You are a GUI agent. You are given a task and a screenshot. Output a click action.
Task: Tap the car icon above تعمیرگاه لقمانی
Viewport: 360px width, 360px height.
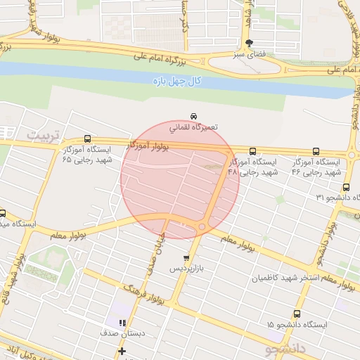[193, 116]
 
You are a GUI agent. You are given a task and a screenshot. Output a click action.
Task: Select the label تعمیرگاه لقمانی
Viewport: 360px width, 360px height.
[193, 128]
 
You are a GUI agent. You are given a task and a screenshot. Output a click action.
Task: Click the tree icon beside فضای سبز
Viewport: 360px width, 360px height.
[250, 43]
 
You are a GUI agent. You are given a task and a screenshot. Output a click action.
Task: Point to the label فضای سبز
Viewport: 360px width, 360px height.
[250, 54]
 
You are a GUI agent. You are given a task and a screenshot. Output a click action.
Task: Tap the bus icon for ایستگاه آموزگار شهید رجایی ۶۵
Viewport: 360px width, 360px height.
[87, 139]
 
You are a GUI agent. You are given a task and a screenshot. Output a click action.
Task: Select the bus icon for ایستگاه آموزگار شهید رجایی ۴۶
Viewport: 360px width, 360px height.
[315, 150]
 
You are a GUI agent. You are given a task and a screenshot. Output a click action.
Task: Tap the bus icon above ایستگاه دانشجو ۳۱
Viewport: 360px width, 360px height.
[346, 187]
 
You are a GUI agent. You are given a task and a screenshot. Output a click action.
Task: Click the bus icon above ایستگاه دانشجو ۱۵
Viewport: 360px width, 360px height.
[297, 314]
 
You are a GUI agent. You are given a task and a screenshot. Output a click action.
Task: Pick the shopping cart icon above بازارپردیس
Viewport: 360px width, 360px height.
[186, 258]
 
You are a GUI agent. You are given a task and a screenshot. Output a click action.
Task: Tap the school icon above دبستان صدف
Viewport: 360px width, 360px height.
[122, 323]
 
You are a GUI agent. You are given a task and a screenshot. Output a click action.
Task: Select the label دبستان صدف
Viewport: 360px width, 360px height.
[122, 334]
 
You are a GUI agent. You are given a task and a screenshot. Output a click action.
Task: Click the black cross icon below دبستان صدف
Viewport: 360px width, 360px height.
[122, 350]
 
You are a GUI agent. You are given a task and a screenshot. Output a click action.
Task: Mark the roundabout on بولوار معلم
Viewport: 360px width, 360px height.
[202, 226]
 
